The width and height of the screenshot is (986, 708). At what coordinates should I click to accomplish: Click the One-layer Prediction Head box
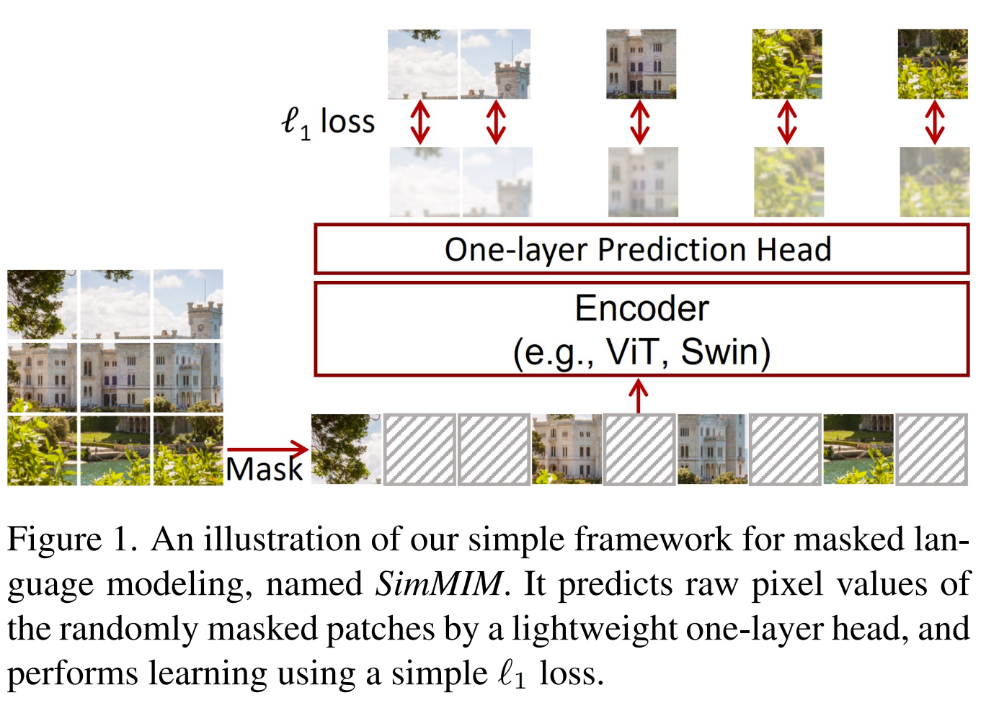click(641, 249)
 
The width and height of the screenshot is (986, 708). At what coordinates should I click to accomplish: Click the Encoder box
click(641, 329)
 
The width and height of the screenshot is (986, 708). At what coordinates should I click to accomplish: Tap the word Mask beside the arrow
click(265, 470)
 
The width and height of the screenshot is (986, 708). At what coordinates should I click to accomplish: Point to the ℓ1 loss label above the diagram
click(328, 122)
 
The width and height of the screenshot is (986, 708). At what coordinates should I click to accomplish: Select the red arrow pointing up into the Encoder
click(639, 395)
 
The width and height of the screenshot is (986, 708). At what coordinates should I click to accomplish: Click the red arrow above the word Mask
click(267, 449)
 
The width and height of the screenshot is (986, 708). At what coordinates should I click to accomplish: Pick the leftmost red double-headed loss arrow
click(420, 122)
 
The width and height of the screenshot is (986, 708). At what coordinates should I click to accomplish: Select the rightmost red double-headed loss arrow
click(934, 122)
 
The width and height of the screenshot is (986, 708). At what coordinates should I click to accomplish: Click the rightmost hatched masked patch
click(931, 449)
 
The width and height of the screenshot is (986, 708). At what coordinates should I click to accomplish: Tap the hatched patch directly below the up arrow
click(639, 449)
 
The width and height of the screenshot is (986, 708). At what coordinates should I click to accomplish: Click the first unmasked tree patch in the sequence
click(346, 449)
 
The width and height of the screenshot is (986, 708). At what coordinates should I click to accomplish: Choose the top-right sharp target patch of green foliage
click(933, 64)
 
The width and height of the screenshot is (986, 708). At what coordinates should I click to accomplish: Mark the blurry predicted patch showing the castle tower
click(497, 182)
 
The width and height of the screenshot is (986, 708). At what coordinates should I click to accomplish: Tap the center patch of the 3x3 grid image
click(115, 377)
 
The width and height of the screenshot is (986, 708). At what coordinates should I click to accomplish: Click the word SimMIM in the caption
click(438, 583)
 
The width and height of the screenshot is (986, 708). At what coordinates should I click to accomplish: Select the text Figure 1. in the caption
click(72, 539)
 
